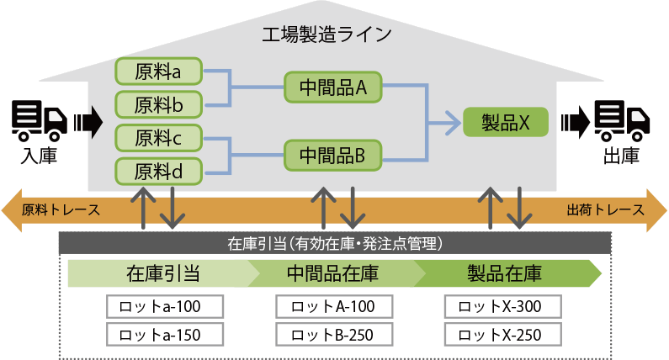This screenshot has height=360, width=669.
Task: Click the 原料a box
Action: (158, 72)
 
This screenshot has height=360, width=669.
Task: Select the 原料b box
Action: (158, 105)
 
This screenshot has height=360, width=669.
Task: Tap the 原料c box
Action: (158, 138)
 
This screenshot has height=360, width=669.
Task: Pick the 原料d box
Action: (158, 171)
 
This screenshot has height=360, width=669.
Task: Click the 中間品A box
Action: (332, 87)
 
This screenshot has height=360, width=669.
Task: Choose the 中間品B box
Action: (332, 155)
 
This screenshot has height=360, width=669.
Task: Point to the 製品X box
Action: (506, 122)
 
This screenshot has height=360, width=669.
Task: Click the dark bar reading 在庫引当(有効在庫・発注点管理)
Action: (335, 244)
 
